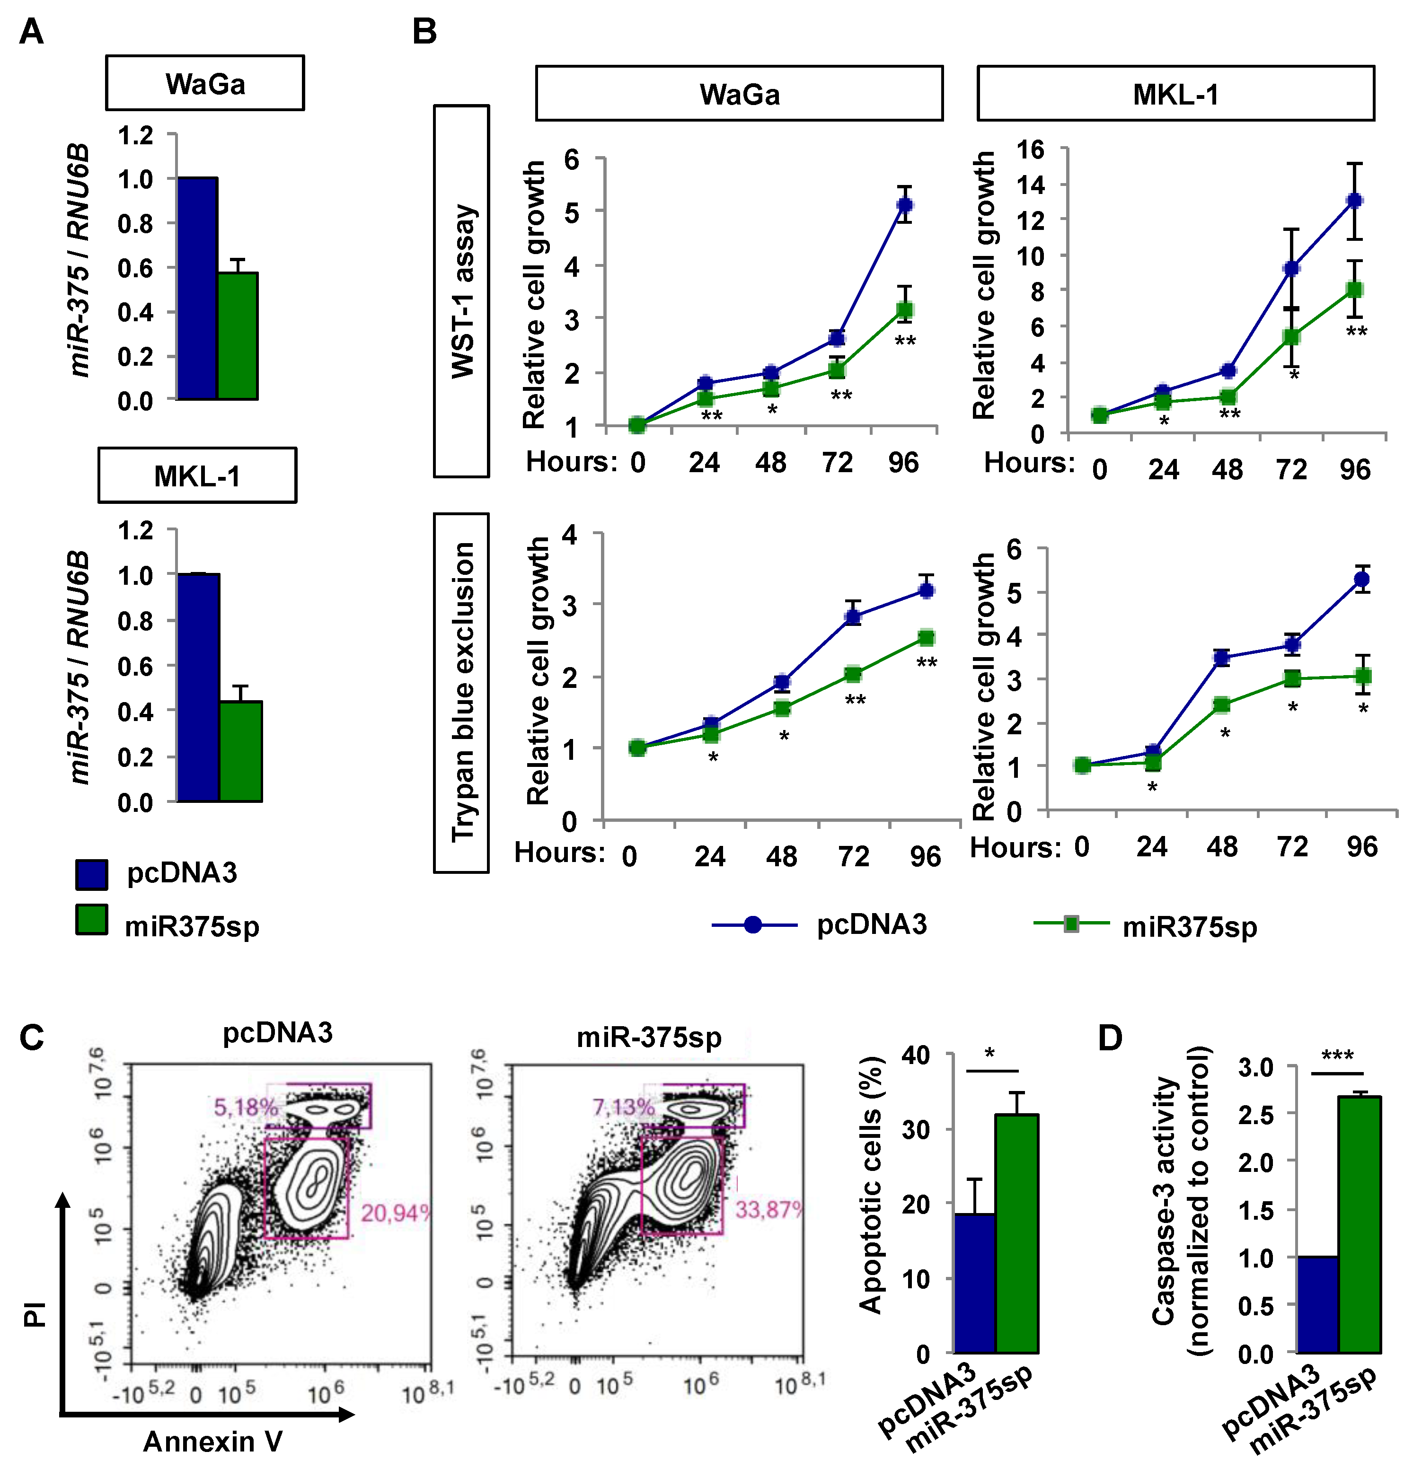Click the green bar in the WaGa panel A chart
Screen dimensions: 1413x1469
(238, 336)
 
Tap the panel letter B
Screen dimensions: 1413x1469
(424, 32)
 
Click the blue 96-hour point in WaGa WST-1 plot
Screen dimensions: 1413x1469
(905, 204)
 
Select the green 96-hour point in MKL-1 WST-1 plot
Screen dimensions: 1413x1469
(1354, 289)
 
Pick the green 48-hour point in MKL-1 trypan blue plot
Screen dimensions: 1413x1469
(1222, 704)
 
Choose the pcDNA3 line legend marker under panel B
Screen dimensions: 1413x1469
(753, 925)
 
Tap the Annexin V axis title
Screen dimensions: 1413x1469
(213, 1441)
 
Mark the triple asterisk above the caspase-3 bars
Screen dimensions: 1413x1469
(1337, 1056)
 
